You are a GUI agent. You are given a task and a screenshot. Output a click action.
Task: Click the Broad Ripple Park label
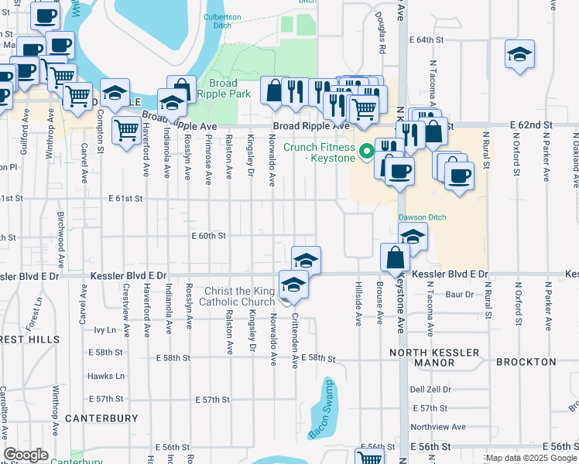(230, 88)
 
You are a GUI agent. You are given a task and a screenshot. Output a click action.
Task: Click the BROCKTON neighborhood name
(526, 362)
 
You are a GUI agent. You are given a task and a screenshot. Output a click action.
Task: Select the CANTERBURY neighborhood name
(101, 418)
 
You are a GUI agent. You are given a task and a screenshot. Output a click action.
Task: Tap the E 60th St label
(208, 236)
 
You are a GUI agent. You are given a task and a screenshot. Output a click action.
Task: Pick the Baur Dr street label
(458, 294)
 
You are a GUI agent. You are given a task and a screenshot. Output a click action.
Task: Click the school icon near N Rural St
(519, 54)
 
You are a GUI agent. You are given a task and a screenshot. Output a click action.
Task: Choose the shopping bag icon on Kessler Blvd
(396, 257)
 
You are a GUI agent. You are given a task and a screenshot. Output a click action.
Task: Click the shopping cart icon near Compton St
(125, 129)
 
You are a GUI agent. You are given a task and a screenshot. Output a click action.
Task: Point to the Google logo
(26, 455)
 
